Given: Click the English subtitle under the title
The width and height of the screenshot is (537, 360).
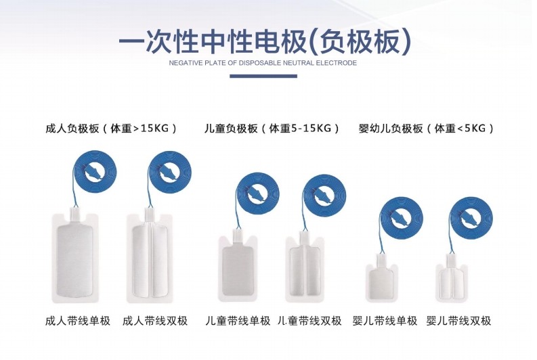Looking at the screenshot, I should click(263, 63).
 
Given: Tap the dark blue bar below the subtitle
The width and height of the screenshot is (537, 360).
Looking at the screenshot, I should click(263, 76).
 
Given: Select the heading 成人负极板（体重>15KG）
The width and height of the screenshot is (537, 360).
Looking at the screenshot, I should click(111, 128).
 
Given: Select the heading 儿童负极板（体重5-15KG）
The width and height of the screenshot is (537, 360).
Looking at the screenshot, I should click(272, 128).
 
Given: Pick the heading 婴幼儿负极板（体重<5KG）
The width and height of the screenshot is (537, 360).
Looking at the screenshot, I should click(426, 128).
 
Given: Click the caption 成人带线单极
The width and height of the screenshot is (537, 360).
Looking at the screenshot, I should click(77, 321).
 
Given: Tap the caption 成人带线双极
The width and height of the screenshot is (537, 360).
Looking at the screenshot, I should click(155, 321).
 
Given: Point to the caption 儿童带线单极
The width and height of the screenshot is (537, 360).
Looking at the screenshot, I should click(238, 321).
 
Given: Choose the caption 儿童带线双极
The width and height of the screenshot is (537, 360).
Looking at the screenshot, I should click(309, 321).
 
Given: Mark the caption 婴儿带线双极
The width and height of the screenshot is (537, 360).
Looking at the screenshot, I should click(458, 321).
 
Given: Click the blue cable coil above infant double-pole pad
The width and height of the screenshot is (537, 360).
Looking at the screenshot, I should click(471, 217).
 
